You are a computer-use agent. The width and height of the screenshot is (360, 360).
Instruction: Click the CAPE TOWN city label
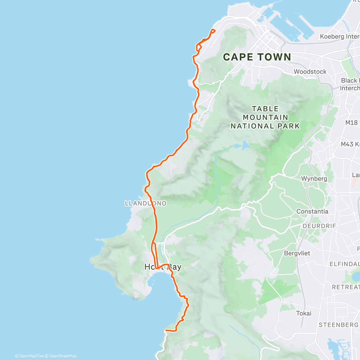(x=257, y=57)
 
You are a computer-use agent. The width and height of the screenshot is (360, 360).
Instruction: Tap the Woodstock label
(x=310, y=72)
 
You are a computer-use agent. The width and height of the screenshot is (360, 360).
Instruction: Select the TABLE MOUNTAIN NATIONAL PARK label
(x=265, y=117)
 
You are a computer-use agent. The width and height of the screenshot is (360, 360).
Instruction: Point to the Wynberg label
(x=314, y=178)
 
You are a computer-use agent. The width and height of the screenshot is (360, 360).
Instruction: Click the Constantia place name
(x=312, y=211)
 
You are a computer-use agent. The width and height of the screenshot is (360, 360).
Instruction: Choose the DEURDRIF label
(x=319, y=226)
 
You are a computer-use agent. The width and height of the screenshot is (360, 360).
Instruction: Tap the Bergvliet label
(x=297, y=253)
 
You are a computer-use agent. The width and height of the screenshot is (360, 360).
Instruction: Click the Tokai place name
(x=304, y=313)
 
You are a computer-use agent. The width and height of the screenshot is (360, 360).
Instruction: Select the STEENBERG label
(x=338, y=325)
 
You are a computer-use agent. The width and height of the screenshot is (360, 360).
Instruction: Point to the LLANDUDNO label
(x=145, y=203)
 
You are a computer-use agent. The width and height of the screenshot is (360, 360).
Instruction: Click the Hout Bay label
(x=163, y=267)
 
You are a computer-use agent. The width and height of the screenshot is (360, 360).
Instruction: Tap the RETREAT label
(x=346, y=287)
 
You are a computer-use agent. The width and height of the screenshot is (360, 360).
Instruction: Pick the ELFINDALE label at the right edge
(x=344, y=264)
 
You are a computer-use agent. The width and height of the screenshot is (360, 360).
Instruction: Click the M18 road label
(x=351, y=123)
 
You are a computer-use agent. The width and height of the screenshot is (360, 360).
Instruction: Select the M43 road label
(x=350, y=144)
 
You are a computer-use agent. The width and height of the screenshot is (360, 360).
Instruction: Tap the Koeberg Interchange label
(x=340, y=37)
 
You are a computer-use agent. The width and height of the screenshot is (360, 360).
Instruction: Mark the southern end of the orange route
(x=166, y=330)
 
